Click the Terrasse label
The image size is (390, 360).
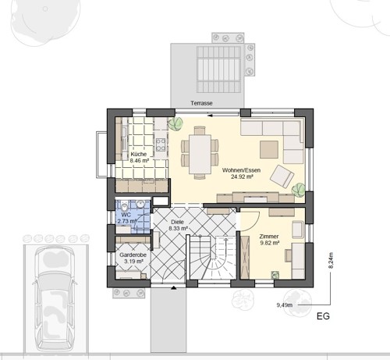(201, 103)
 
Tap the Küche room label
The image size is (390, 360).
(139, 154)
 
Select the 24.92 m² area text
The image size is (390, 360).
(242, 176)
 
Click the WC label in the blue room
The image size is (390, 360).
(126, 215)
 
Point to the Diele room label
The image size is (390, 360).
(177, 222)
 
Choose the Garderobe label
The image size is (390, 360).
(133, 255)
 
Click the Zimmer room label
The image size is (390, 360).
(269, 237)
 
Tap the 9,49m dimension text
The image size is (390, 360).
(285, 305)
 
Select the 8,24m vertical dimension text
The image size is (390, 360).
(331, 260)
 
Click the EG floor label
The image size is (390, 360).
(323, 316)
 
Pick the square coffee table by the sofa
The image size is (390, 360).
(269, 149)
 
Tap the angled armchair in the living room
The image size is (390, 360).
(282, 176)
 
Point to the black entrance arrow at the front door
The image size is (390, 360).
(173, 287)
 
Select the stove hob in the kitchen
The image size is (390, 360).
(161, 145)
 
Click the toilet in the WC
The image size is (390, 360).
(125, 207)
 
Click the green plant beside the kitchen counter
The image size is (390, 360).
(175, 123)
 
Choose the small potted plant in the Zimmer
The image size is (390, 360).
(275, 275)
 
